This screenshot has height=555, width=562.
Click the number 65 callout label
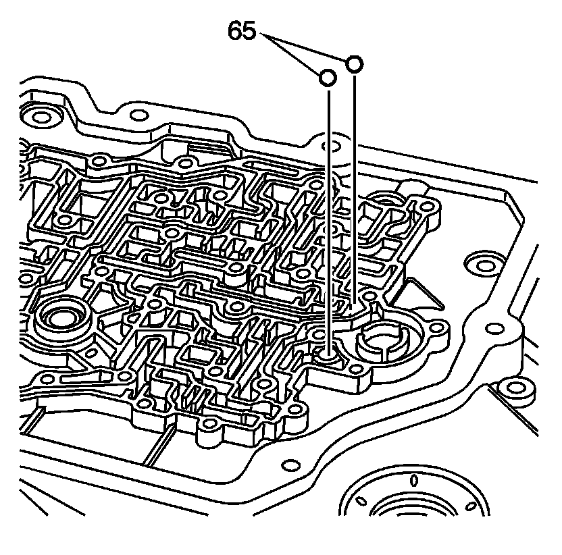pos(242,31)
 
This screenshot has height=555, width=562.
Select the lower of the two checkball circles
pos(327,78)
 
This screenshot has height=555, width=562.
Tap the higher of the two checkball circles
pos(354,64)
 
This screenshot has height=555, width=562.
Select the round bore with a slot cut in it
pos(382,341)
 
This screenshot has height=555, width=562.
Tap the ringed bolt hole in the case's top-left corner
pos(42,115)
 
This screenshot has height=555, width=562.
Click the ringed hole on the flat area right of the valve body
pos(480,263)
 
